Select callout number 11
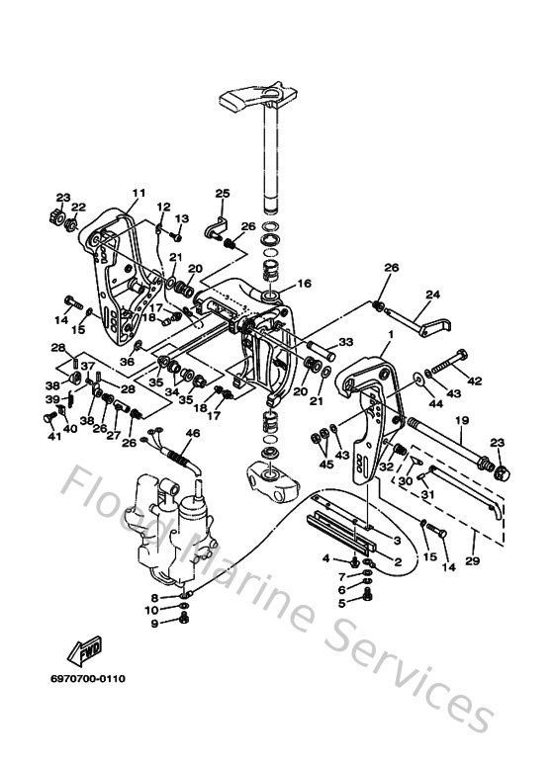(x=138, y=193)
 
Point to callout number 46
(x=191, y=433)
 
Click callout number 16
(x=304, y=284)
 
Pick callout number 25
(x=223, y=193)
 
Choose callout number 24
(x=431, y=295)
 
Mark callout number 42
(x=474, y=381)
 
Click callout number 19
(x=461, y=420)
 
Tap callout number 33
(x=346, y=342)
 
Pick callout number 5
(x=342, y=602)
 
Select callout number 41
(x=55, y=436)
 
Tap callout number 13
(x=182, y=217)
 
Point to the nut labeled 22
(x=73, y=224)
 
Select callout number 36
(x=127, y=362)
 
